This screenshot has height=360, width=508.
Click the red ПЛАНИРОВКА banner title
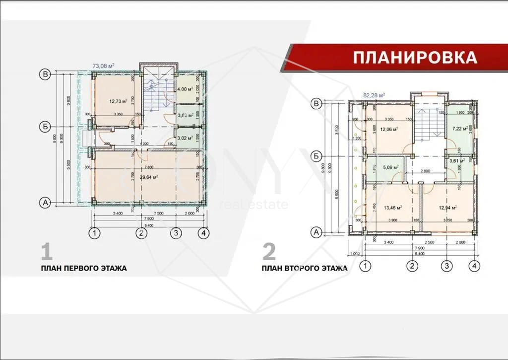pyautogui.click(x=415, y=57)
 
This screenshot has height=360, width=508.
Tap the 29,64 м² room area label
pyautogui.click(x=148, y=176)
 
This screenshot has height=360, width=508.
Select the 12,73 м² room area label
pyautogui.click(x=118, y=101)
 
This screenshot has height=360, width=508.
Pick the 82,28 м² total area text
pyautogui.click(x=374, y=94)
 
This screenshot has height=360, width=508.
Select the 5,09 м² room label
pyautogui.click(x=391, y=167)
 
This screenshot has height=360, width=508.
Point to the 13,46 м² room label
pyautogui.click(x=392, y=208)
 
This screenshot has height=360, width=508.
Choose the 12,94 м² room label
pyautogui.click(x=447, y=208)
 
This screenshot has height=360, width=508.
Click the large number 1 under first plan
pyautogui.click(x=47, y=252)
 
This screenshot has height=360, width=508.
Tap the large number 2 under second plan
pyautogui.click(x=269, y=252)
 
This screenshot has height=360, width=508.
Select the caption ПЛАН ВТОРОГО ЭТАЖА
pyautogui.click(x=305, y=268)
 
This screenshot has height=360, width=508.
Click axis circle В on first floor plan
pyautogui.click(x=46, y=74)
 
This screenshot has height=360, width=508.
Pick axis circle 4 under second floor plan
pyautogui.click(x=475, y=266)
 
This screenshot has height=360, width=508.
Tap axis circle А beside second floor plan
pyautogui.click(x=316, y=231)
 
